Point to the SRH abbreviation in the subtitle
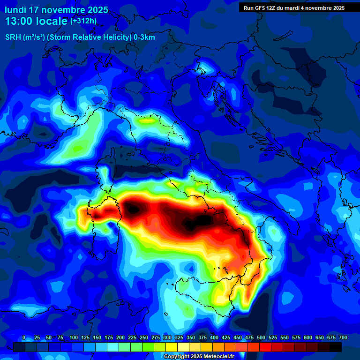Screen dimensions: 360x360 (x=13, y=37)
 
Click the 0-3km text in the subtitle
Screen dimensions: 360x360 (x=144, y=37)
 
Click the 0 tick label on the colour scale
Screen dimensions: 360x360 (x=24, y=337)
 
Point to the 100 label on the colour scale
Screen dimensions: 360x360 (x=73, y=337)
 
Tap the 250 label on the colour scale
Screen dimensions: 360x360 (x=143, y=337)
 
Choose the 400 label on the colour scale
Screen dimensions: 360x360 (x=214, y=337)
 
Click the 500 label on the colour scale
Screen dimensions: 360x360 (x=261, y=337)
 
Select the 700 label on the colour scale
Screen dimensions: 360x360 (x=343, y=337)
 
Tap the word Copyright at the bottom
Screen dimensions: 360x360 (x=178, y=357)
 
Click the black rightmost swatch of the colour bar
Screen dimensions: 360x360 (x=336, y=347)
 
